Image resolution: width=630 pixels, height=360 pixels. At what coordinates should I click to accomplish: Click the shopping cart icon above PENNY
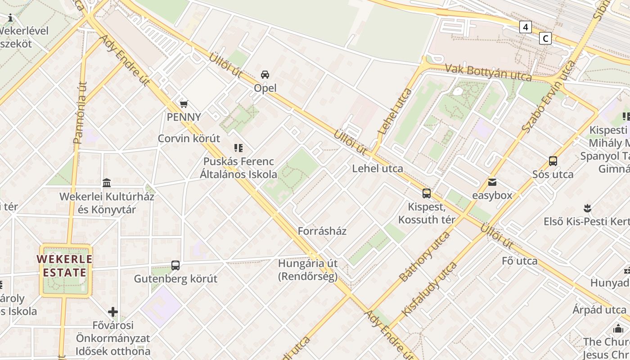click(x=184, y=104)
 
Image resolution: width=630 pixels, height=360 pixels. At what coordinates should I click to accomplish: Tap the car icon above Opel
click(x=265, y=75)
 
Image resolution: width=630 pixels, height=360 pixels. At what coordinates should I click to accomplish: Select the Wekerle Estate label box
click(x=66, y=266)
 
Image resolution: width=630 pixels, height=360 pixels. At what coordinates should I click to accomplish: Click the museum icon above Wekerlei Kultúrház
click(x=107, y=183)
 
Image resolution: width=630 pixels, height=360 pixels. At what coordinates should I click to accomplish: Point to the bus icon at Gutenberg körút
click(x=175, y=265)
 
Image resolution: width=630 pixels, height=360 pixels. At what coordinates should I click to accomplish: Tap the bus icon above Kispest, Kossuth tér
click(x=427, y=193)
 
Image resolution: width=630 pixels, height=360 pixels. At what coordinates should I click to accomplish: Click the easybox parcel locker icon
click(x=492, y=182)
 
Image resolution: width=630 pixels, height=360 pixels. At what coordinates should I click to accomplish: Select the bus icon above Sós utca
click(x=553, y=161)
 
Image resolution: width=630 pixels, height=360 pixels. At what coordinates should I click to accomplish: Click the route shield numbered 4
click(x=525, y=27)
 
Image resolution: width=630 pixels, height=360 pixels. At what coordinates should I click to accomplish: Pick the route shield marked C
click(x=545, y=38)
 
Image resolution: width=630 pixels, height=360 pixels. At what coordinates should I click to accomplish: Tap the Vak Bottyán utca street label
click(x=488, y=72)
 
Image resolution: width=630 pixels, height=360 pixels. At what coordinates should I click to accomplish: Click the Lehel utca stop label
click(x=378, y=169)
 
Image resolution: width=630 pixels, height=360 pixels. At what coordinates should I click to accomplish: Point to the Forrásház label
click(x=322, y=231)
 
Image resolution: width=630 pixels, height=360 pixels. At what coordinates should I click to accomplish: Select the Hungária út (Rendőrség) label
click(x=308, y=270)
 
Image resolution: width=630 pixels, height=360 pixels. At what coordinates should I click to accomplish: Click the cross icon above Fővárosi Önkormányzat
click(x=113, y=311)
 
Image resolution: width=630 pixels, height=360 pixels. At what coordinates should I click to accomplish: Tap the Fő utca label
click(x=520, y=261)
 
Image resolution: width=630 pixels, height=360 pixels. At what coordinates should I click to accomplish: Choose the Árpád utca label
click(x=599, y=310)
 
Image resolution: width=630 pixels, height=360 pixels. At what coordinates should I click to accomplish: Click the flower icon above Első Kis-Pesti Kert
click(x=587, y=208)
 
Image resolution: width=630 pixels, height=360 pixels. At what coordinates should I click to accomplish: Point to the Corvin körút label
click(x=189, y=139)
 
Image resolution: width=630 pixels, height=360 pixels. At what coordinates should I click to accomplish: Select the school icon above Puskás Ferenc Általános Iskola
click(x=238, y=148)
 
